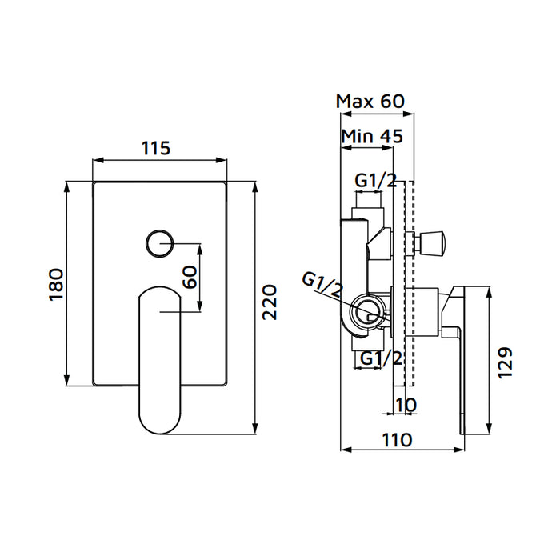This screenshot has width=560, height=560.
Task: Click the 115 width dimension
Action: coord(156,148)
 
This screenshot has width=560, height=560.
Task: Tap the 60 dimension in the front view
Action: coord(190,277)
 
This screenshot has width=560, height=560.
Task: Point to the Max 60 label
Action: coord(370,102)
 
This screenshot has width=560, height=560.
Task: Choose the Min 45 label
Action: coord(371,136)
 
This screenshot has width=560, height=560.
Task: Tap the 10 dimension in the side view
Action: coord(406,405)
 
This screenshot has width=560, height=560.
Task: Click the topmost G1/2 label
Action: coord(376,181)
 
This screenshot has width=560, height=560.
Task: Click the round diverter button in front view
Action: coord(161,242)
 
